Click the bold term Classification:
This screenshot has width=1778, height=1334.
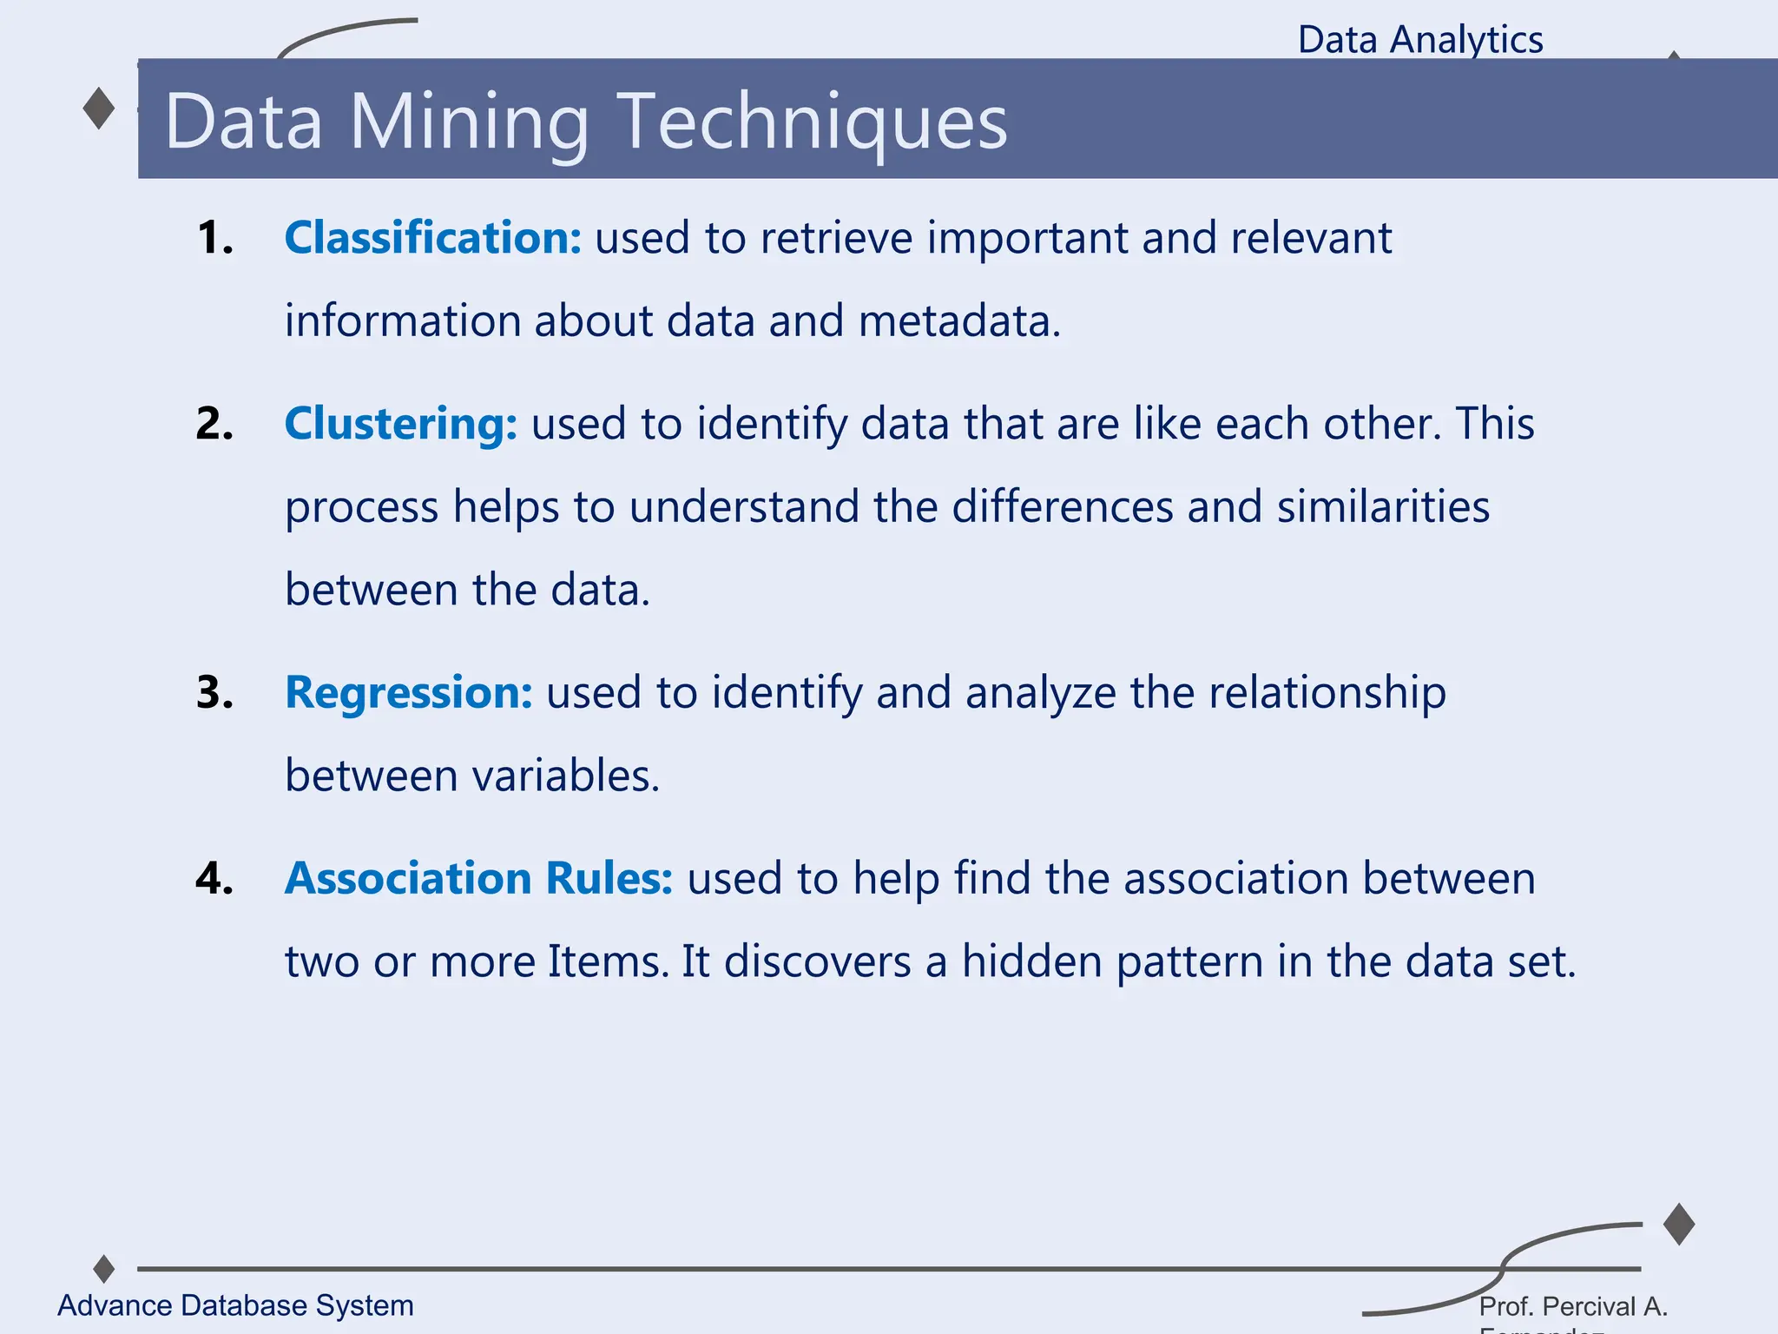[432, 237]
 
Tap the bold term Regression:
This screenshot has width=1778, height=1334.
[408, 692]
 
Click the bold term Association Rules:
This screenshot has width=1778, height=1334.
[478, 878]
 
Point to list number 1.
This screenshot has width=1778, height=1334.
[214, 238]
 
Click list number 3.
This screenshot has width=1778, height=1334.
[214, 693]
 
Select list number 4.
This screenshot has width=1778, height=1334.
[214, 878]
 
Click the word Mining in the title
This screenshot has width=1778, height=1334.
[469, 122]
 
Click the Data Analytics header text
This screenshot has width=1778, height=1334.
[1420, 40]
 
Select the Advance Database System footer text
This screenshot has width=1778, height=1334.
[235, 1305]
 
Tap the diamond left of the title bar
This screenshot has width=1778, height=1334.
[99, 109]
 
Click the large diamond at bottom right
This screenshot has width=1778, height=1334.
[1679, 1225]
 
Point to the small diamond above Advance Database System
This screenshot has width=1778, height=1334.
[104, 1269]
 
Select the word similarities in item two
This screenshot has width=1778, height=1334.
[1383, 506]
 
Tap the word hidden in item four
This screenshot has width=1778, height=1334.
[1031, 961]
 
